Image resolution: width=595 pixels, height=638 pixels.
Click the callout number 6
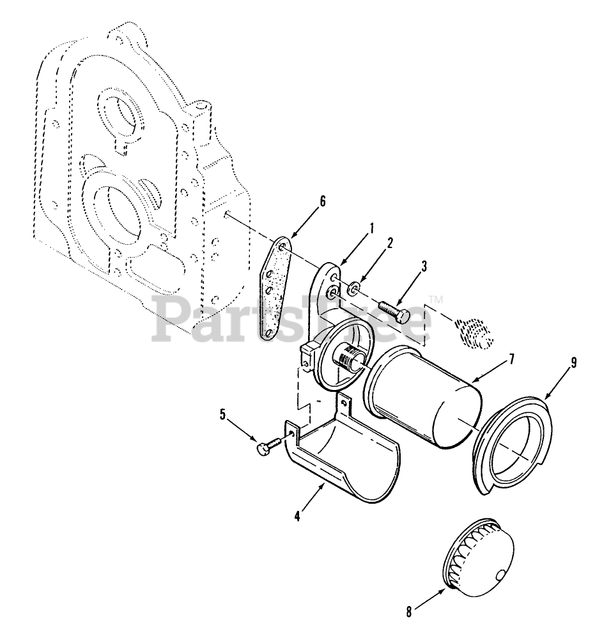(x=323, y=201)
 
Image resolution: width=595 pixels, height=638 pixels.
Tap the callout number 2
(x=390, y=243)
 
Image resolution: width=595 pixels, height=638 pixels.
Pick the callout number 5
(x=223, y=414)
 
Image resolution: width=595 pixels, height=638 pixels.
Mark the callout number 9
(x=573, y=362)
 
